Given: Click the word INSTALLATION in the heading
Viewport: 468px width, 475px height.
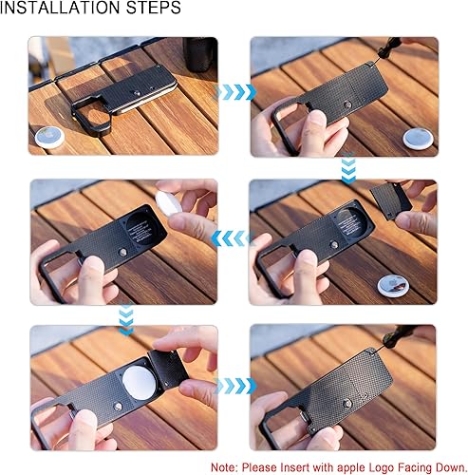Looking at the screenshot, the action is tap(60, 8).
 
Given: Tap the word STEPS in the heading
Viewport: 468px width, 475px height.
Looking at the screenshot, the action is tap(154, 8).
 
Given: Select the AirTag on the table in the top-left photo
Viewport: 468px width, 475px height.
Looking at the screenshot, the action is tap(49, 138).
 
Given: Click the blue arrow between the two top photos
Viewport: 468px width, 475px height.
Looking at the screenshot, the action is tap(235, 92).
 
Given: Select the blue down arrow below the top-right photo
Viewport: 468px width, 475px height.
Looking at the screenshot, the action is tap(348, 168).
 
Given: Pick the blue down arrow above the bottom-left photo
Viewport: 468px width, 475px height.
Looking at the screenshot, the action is tap(126, 320).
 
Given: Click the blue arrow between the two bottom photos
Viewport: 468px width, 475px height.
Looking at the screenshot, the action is tap(235, 386).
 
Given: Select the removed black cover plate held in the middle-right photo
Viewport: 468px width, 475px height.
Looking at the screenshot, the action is tap(391, 201).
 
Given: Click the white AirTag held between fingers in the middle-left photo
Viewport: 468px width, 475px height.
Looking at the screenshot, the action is tap(168, 202).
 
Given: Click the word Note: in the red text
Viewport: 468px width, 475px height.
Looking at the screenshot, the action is tap(224, 467).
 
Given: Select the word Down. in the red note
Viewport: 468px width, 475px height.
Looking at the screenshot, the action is tap(451, 467).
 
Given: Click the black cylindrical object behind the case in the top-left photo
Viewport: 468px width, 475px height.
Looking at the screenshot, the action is tap(199, 54).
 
